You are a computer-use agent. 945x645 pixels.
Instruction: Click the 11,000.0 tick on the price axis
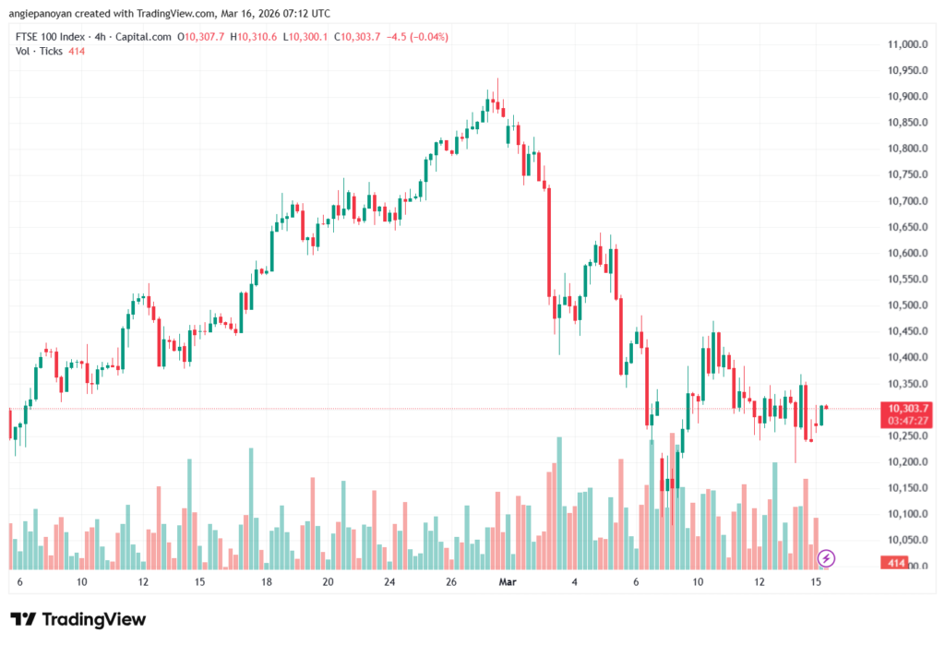click(x=906, y=44)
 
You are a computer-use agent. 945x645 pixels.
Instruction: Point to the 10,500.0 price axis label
click(x=906, y=305)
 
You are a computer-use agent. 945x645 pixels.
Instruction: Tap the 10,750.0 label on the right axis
click(x=906, y=174)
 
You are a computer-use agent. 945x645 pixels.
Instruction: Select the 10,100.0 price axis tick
click(x=906, y=514)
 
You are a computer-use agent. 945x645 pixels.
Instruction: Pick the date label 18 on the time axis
click(x=267, y=582)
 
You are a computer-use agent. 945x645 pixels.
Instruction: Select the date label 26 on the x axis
click(x=451, y=582)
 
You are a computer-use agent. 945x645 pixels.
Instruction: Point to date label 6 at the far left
click(x=19, y=582)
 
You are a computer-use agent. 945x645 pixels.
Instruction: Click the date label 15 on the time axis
click(x=817, y=582)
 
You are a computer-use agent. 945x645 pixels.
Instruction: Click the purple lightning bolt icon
click(x=827, y=557)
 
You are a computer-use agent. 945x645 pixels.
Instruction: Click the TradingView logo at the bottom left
click(x=78, y=619)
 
